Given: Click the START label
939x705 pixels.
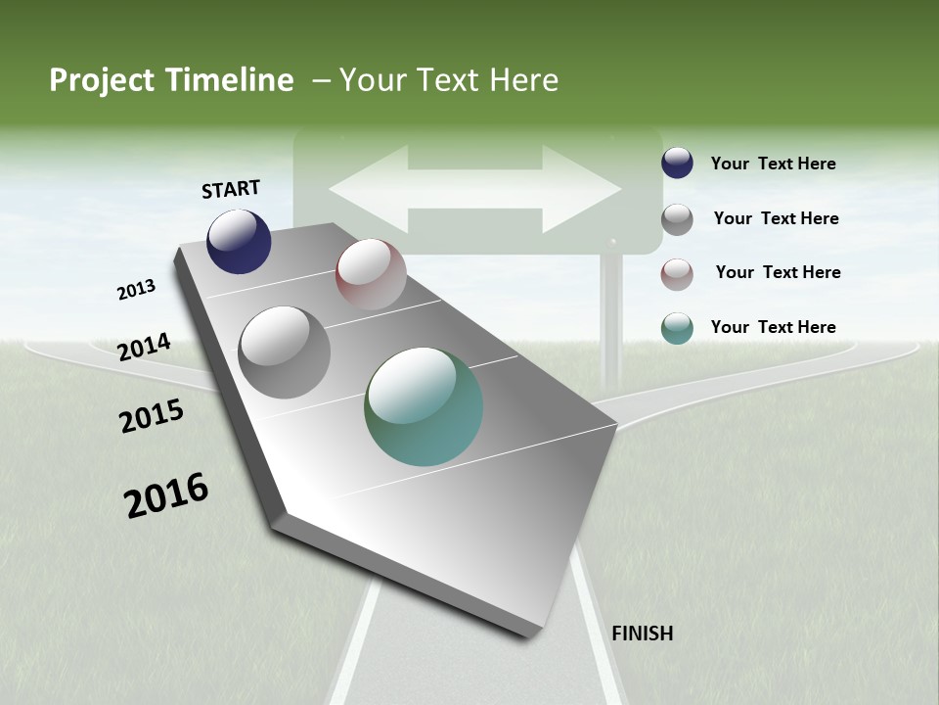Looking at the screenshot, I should (231, 189).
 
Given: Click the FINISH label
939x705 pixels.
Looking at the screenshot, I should (643, 634).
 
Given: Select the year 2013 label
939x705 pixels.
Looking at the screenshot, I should (136, 290).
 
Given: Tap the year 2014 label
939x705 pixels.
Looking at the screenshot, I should (144, 348).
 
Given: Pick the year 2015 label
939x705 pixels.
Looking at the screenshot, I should (152, 416).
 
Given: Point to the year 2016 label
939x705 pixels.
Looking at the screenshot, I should (166, 495).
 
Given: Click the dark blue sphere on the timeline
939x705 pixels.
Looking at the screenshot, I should (239, 241).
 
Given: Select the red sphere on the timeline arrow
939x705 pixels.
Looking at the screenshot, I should (371, 274).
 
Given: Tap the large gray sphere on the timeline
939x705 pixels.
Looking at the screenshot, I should (285, 352).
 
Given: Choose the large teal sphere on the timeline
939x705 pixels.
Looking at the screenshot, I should (424, 406).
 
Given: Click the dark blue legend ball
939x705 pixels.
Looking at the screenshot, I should (677, 164).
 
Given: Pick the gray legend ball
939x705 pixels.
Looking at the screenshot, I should (677, 218).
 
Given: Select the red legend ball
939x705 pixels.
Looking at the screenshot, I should (677, 273).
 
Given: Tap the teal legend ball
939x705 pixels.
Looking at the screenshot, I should (677, 328).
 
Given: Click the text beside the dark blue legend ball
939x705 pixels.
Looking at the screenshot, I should (773, 164).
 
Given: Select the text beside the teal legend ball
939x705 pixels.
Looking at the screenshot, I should (773, 327).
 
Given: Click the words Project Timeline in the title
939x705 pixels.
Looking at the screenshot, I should (171, 80).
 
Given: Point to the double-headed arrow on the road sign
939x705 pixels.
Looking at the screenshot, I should (475, 189).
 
